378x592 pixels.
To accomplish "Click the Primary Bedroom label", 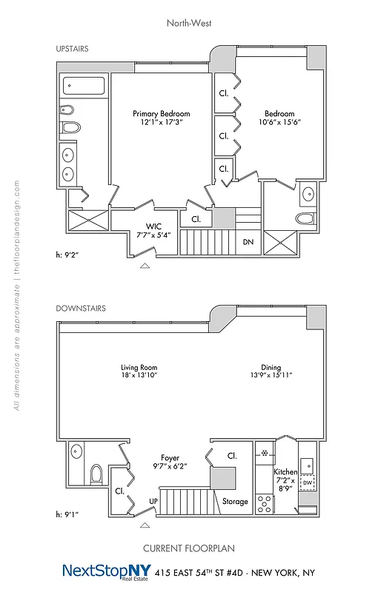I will coord(161,113).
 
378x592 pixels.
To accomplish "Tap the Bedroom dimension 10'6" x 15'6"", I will coord(279,123).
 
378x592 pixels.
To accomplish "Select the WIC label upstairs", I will coord(154,226).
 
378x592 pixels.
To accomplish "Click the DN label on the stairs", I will coord(249,242).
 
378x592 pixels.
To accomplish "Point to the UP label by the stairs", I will coord(154,501).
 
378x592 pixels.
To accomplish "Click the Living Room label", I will coord(139,367).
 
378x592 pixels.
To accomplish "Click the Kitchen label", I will coord(285,471).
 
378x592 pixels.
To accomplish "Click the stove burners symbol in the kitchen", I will coord(265,503).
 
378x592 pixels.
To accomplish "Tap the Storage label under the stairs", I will coord(235,501).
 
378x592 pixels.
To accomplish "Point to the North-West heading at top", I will coord(188,22).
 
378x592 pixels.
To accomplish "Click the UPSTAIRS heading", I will coord(72,48).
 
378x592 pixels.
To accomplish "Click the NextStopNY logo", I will coord(105,572).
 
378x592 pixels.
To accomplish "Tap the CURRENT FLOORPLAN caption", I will coord(188,548).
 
